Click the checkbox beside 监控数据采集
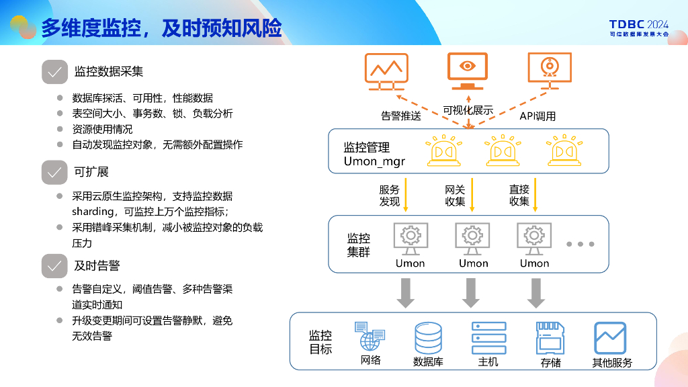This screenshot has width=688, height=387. pos(54,72)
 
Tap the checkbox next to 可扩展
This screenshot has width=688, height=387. pos(54,172)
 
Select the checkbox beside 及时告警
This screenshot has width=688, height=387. pos(54,265)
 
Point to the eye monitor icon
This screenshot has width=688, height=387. pos(467,70)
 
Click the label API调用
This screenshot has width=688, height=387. pos(537,116)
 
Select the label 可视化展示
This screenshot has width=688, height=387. pos(468,110)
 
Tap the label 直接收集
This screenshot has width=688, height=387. pos(519,196)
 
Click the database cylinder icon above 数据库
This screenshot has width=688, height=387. pos(428,338)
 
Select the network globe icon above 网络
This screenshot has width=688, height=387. pos(370,336)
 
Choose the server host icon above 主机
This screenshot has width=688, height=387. pos(488,338)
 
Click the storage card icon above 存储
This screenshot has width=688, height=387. pos(550,338)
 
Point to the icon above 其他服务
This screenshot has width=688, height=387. pos(611,338)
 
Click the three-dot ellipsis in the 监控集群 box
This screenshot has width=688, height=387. pos(580,244)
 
